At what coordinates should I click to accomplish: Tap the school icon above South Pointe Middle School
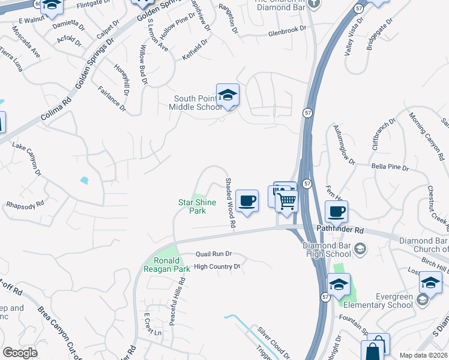pyautogui.click(x=228, y=95)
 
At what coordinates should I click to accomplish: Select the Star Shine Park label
pyautogui.click(x=196, y=206)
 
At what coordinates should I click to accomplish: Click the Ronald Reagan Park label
pyautogui.click(x=167, y=265)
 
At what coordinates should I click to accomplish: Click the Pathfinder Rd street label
pyautogui.click(x=339, y=230)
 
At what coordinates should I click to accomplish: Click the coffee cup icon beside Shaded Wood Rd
pyautogui.click(x=246, y=201)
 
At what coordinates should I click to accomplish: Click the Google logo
pyautogui.click(x=20, y=353)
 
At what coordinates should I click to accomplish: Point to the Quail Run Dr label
pyautogui.click(x=213, y=254)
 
